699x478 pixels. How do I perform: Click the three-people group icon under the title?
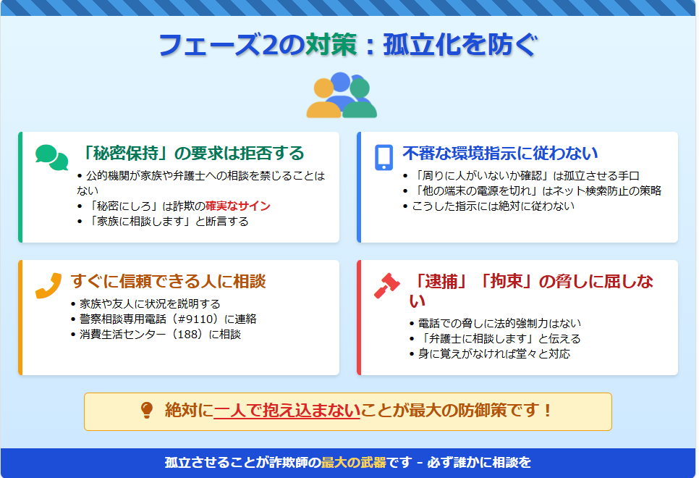click(342, 95)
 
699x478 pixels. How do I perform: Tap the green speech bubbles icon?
click(51, 158)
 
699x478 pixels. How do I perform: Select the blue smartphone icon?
click(384, 158)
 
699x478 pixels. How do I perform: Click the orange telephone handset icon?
click(48, 285)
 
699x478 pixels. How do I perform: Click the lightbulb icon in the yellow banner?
click(147, 410)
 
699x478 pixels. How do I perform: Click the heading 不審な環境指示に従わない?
click(500, 153)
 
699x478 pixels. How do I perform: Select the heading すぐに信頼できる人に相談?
click(168, 281)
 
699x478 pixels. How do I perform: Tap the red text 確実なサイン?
click(238, 206)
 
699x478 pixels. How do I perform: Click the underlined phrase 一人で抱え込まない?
click(287, 410)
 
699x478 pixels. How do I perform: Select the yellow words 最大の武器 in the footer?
click(354, 462)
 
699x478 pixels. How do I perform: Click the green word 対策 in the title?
click(331, 45)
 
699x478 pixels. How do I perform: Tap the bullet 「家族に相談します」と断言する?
click(167, 222)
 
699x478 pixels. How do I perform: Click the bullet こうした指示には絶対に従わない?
click(493, 206)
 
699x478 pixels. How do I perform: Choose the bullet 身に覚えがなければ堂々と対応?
click(494, 354)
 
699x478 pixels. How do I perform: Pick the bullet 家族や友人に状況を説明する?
click(150, 304)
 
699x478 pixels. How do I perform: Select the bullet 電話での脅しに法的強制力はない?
click(499, 323)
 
